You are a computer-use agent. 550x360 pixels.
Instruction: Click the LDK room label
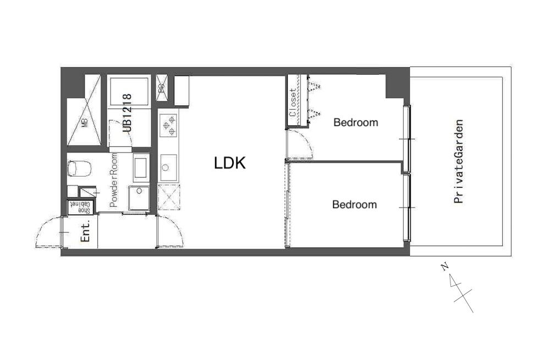click(230, 163)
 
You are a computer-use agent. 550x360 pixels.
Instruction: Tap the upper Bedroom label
click(356, 123)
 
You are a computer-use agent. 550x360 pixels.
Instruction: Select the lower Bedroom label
click(354, 204)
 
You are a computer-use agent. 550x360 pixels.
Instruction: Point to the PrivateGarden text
click(459, 162)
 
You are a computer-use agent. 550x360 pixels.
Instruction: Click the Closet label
click(292, 102)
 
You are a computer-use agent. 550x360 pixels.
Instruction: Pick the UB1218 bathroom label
click(128, 113)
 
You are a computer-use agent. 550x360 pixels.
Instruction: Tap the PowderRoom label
click(114, 181)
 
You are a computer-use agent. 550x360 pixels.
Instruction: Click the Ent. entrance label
click(86, 231)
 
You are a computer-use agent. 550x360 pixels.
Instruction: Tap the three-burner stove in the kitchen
click(168, 125)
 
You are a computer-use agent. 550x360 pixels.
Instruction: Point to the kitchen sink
click(168, 168)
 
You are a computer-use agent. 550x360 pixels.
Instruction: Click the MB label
click(85, 123)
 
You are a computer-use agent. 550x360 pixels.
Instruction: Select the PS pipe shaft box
click(162, 88)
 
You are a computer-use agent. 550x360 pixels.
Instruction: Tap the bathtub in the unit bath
click(129, 91)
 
